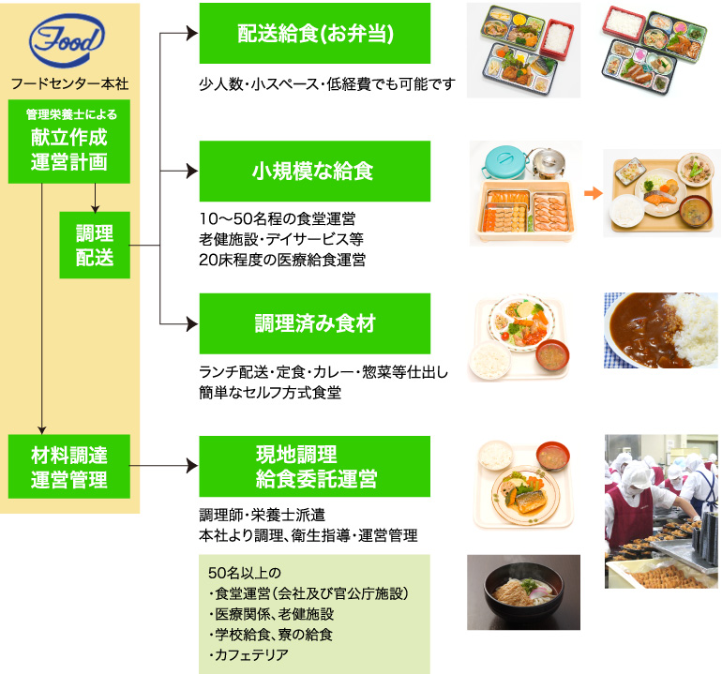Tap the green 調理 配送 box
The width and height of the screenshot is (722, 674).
95,246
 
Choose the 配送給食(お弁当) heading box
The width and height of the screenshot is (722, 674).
314,34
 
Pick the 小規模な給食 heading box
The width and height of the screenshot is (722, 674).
314,171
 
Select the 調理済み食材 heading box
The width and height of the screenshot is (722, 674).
314,323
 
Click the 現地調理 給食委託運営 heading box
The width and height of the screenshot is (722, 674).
314,466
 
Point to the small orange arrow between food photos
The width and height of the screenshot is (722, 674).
592,194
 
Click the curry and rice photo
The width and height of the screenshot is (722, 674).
661,329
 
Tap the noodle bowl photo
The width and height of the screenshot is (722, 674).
523,592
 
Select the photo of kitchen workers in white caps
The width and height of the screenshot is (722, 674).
661,511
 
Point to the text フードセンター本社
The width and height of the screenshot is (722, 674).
69,82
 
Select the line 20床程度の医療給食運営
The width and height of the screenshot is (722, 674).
282,259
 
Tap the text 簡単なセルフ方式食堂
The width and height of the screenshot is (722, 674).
270,393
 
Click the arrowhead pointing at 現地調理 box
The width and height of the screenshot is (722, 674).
191,466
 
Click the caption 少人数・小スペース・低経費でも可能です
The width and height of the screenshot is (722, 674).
326,84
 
